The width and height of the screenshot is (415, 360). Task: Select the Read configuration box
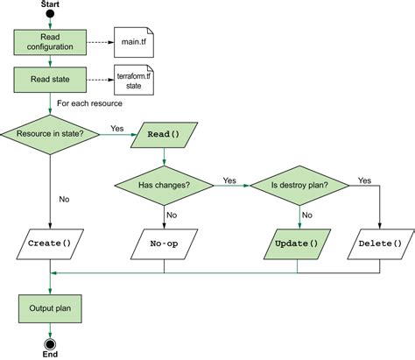pyautogui.click(x=49, y=41)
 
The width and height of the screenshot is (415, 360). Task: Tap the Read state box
pyautogui.click(x=49, y=80)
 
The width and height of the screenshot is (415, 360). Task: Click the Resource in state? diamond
pyautogui.click(x=50, y=134)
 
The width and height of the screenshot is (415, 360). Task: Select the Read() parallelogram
pyautogui.click(x=164, y=134)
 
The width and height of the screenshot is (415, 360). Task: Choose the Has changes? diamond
pyautogui.click(x=165, y=186)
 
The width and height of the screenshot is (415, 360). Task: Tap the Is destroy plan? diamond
pyautogui.click(x=298, y=186)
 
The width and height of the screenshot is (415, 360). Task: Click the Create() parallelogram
pyautogui.click(x=49, y=243)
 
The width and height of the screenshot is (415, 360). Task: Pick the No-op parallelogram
pyautogui.click(x=165, y=243)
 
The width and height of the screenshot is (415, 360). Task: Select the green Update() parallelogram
pyautogui.click(x=297, y=243)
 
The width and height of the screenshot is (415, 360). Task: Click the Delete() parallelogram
pyautogui.click(x=380, y=243)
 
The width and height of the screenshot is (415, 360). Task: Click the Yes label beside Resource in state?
pyautogui.click(x=116, y=128)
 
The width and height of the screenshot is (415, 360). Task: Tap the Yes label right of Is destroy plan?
pyautogui.click(x=364, y=180)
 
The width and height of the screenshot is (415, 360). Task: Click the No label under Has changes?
pyautogui.click(x=172, y=215)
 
